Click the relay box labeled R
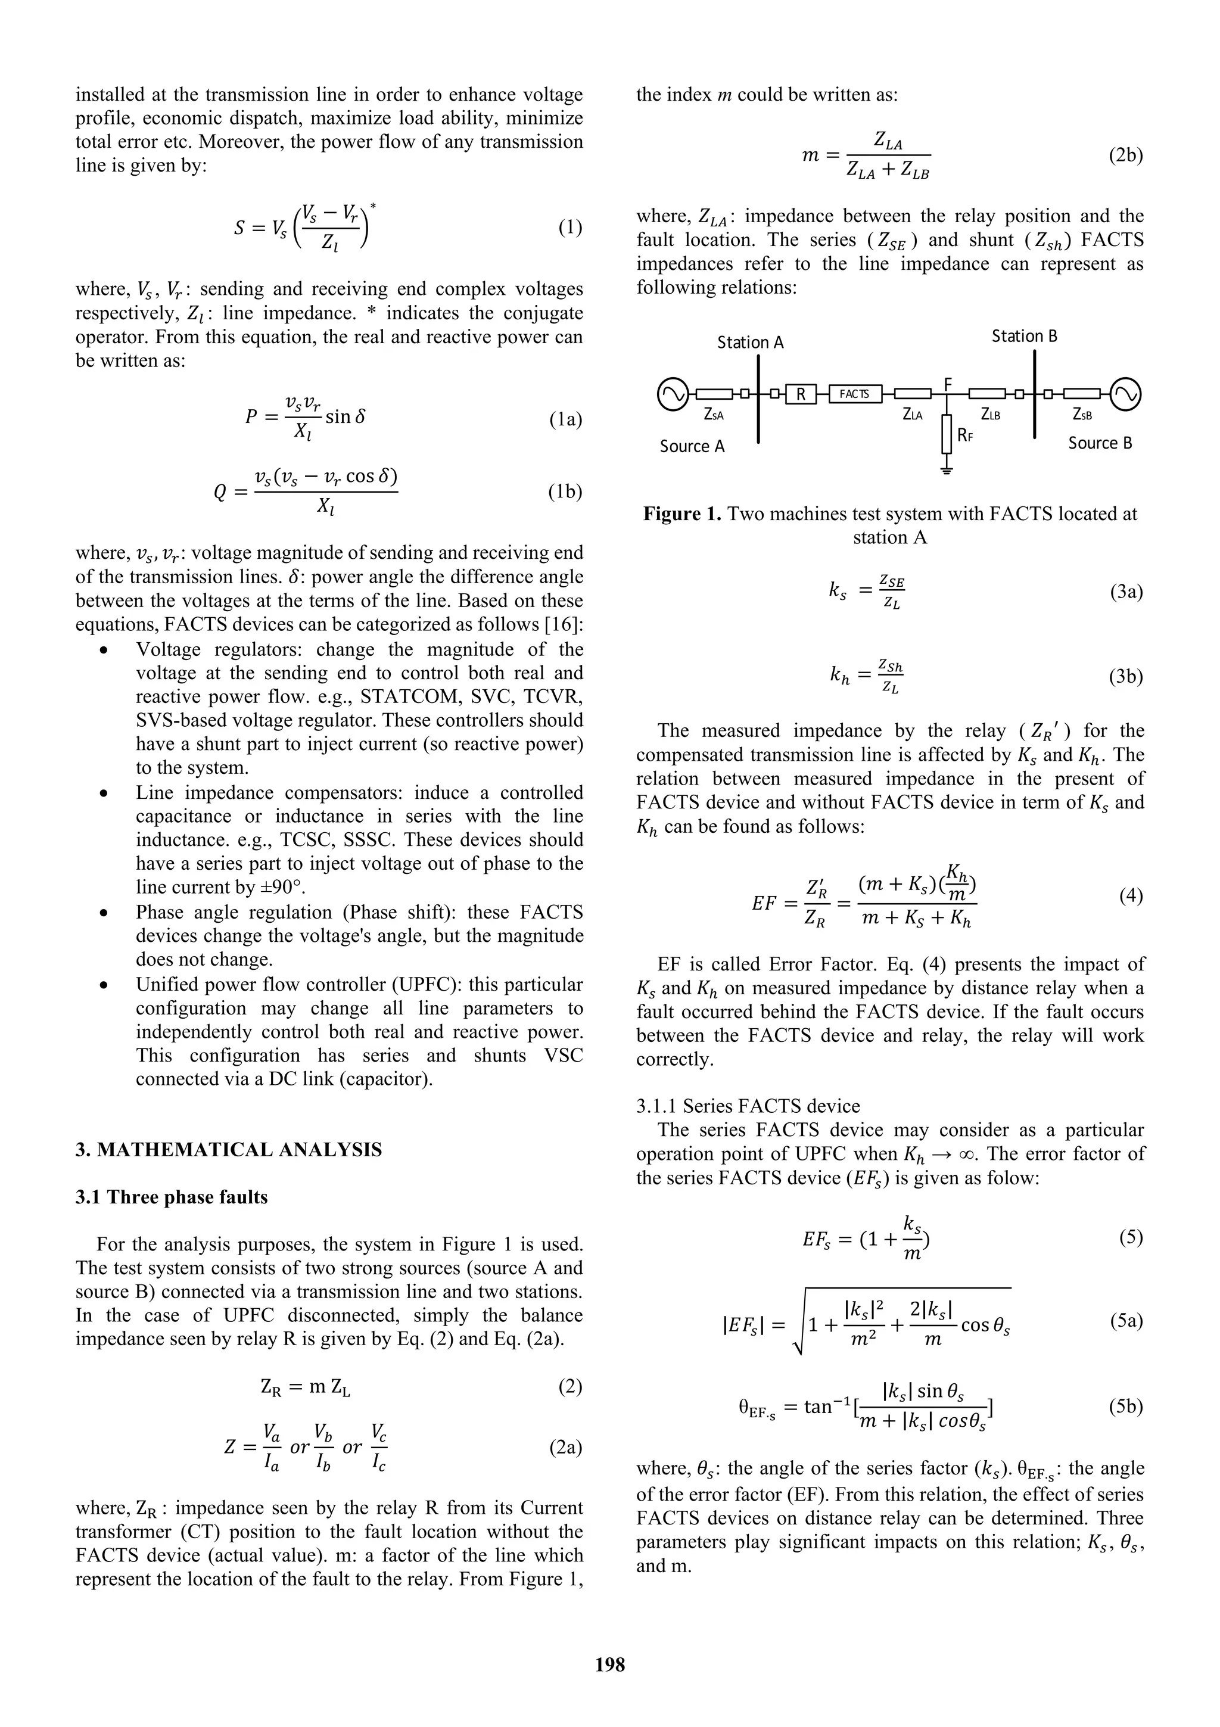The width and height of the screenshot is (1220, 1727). (x=801, y=393)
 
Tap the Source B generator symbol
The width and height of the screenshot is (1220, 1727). (x=1125, y=393)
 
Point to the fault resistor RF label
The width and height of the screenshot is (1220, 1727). (x=965, y=435)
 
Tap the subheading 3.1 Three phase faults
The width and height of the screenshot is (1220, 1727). (x=172, y=1197)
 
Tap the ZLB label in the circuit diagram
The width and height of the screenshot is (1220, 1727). (x=991, y=415)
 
